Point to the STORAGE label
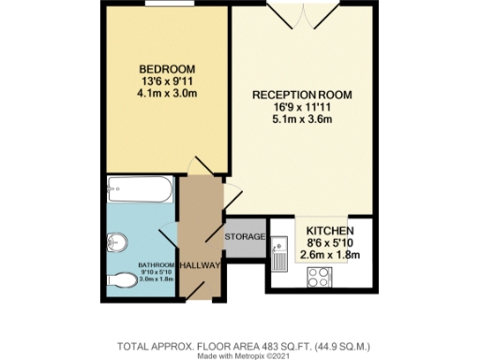(x=245, y=235)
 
